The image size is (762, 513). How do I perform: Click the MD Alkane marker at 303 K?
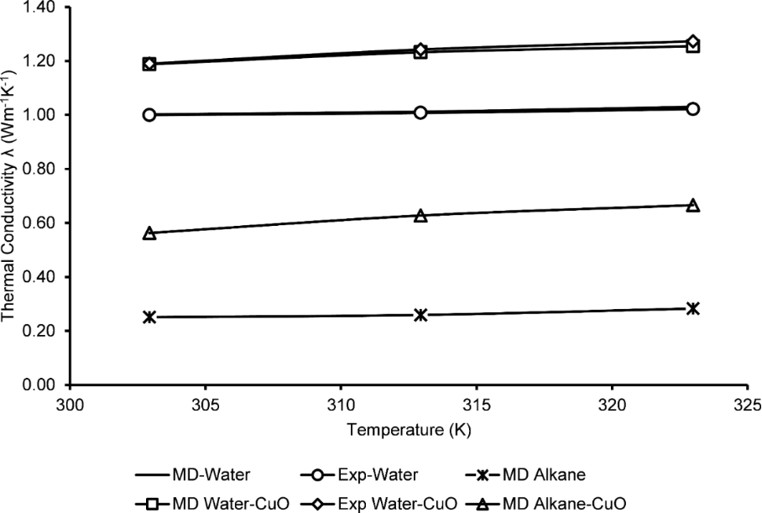tap(149, 317)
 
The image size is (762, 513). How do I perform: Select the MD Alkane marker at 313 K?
tap(421, 315)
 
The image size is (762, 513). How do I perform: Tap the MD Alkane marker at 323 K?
tap(693, 308)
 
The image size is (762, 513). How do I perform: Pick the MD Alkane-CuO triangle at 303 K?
tap(149, 233)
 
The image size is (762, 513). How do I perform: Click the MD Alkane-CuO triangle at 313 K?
tap(421, 216)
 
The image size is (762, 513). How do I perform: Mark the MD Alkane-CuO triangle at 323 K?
tap(693, 205)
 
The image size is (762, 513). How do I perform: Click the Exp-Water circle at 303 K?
tap(149, 115)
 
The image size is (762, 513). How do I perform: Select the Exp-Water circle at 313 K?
tap(421, 113)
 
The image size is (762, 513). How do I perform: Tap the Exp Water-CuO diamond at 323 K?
tap(693, 41)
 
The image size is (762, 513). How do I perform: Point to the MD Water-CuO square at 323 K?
tap(693, 47)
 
